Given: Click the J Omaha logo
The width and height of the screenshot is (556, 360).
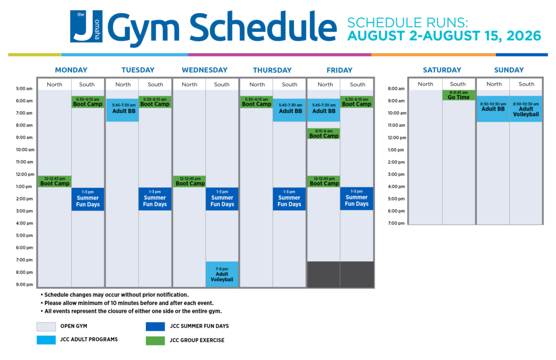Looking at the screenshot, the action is coord(86,27).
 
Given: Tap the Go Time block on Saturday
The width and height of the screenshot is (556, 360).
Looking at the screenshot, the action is coord(458,95).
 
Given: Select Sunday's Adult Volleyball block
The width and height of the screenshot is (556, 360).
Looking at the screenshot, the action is coord(526,109).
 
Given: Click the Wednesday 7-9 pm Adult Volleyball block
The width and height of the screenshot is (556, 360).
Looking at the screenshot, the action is coord(222,274).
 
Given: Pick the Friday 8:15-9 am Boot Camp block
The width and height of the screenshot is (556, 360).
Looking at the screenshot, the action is coord(324,134).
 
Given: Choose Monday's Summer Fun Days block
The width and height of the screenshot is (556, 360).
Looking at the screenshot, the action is coord(87,199).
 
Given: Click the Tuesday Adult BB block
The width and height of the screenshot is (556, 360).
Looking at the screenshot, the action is coord(122,110).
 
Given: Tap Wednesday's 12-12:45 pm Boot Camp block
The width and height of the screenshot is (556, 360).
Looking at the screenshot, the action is coord(189,181).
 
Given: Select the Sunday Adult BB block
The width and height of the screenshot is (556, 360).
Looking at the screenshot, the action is coord(493,109).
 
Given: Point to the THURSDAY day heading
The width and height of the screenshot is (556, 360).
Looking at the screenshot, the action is coord(273,70).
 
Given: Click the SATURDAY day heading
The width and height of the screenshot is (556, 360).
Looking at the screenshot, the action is coord(442,70).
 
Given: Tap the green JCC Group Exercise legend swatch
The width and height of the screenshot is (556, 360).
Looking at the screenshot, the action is coord(155,340).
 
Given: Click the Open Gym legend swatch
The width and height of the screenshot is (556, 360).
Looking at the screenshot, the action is coord(46,326).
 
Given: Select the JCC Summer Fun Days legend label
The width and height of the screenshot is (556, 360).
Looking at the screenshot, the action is coord(199,326).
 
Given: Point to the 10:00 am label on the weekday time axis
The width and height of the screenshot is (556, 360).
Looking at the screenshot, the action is coord(25,150).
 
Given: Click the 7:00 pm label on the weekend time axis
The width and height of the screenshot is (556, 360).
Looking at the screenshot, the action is coord(396,223).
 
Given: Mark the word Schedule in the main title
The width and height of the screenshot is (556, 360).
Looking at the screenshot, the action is coord(263,27).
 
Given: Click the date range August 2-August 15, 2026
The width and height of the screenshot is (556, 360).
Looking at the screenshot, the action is coord(444,36).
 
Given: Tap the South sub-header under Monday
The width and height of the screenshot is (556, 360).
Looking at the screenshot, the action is coord(87,84).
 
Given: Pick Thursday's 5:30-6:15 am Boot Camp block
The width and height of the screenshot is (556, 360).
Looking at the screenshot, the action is coord(256,102).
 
